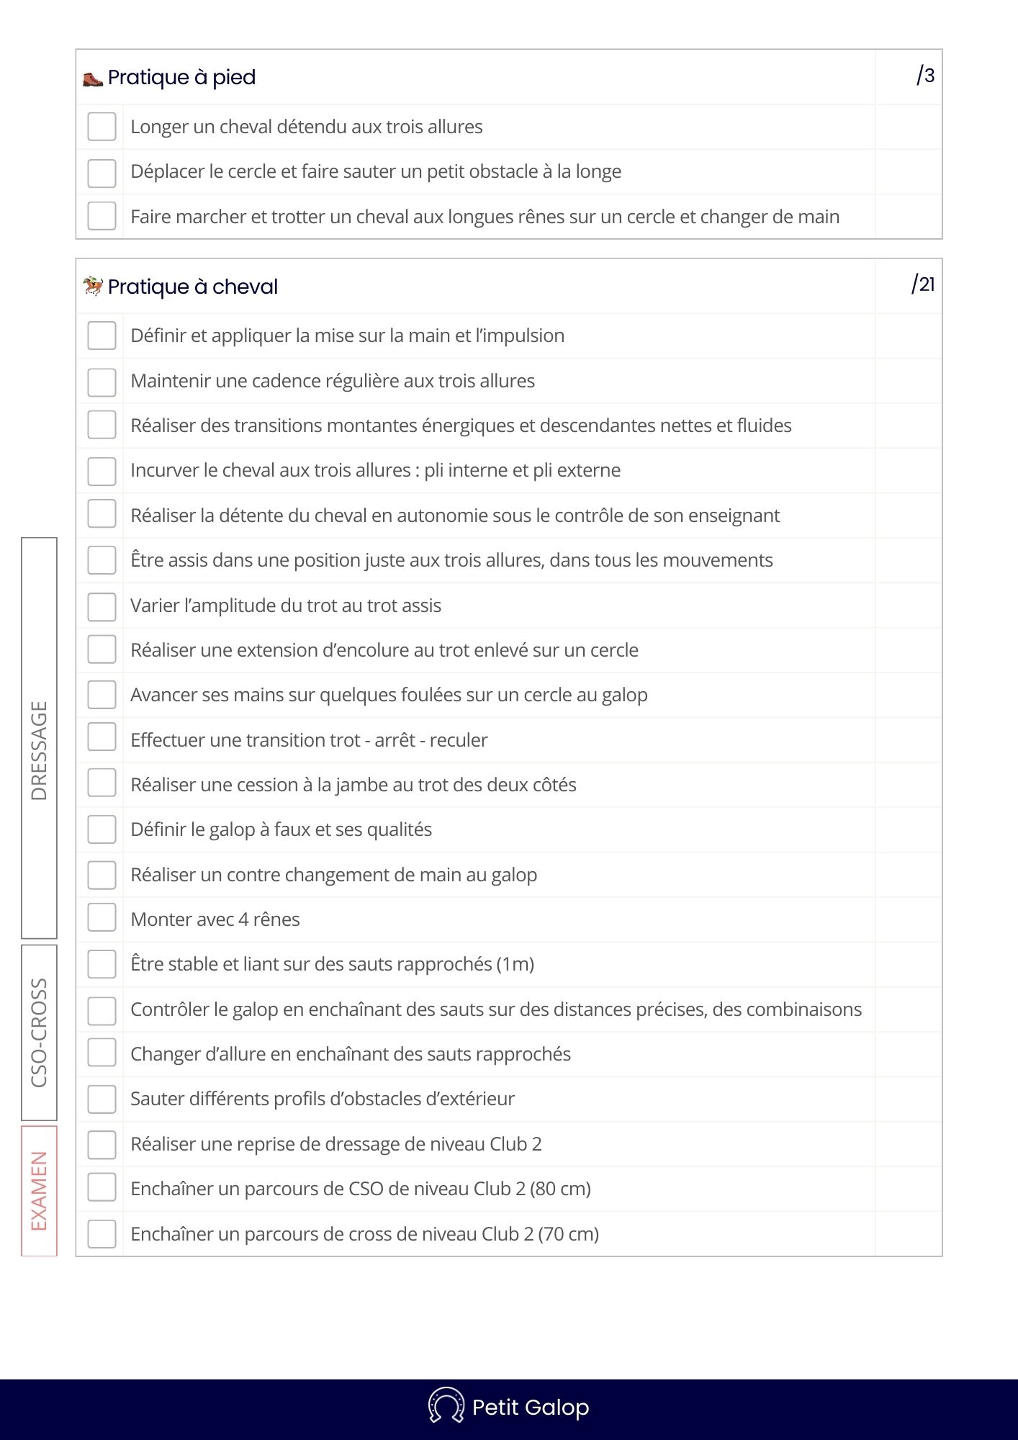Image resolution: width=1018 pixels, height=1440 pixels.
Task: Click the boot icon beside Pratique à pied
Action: pos(93,78)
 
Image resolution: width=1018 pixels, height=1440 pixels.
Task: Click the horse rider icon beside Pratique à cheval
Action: pos(93,287)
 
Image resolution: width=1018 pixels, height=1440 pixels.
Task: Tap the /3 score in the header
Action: pos(925,76)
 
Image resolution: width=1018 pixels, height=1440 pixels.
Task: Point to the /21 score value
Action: pos(923,284)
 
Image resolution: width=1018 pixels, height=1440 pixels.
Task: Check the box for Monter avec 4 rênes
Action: pos(102,919)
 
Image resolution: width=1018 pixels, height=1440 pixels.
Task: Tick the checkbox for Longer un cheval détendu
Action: pos(102,127)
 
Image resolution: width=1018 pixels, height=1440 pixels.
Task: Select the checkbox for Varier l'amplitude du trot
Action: pos(102,606)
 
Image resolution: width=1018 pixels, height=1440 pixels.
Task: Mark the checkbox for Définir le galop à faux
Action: pos(102,829)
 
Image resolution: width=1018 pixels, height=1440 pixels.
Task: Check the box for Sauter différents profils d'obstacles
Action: pos(102,1099)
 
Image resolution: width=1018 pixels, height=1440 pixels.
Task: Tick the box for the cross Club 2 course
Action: pos(102,1234)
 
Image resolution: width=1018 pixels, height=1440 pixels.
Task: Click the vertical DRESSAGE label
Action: pos(39,750)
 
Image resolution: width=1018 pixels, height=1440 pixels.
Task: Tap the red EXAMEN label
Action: pos(39,1191)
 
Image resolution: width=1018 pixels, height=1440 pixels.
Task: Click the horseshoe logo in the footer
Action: pos(446,1405)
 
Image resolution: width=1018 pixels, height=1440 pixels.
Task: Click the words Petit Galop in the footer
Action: pos(531,1407)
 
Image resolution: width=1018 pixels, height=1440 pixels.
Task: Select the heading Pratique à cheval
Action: pos(192,287)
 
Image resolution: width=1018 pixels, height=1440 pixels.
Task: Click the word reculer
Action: pos(459,740)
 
